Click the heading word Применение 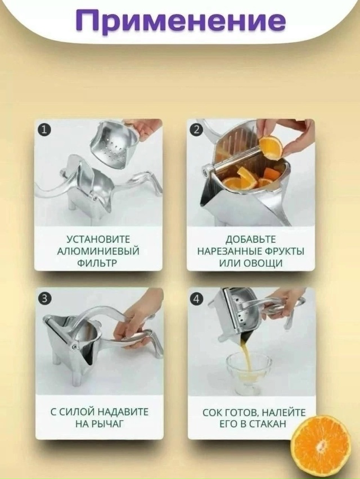tap(181, 20)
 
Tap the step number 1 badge tap(44, 129)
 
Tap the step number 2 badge tap(197, 130)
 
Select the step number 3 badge tap(44, 299)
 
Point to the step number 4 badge tap(196, 299)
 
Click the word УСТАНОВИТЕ tap(98, 239)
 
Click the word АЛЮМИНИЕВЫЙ tap(98, 251)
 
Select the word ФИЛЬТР tap(97, 263)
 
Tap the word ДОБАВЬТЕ tap(251, 239)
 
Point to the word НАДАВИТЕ tap(123, 412)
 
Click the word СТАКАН tap(268, 424)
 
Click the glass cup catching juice tap(248, 373)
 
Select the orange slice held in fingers tap(270, 147)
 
